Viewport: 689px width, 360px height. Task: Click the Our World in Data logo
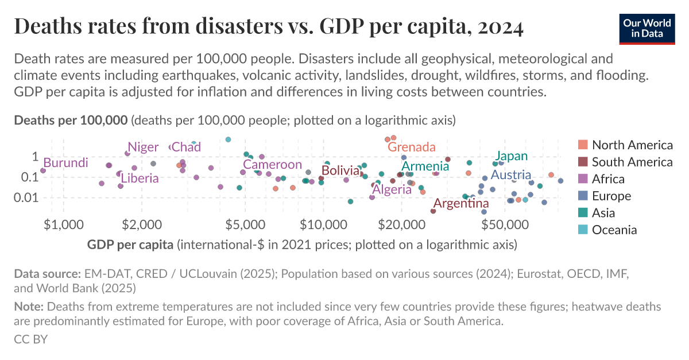click(647, 27)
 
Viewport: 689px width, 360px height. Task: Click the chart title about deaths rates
click(268, 27)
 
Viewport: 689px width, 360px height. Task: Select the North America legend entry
click(632, 145)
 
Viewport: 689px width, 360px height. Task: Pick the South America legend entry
click(632, 162)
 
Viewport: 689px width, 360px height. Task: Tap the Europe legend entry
click(611, 196)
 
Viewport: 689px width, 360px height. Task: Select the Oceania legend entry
click(614, 230)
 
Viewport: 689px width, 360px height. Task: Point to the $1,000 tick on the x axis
click(63, 224)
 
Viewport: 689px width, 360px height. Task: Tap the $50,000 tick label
click(505, 224)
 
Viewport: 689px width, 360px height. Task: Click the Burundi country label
click(65, 163)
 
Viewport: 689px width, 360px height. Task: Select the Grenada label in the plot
click(411, 147)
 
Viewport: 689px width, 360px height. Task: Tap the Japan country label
click(511, 156)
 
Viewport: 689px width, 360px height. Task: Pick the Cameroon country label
click(272, 165)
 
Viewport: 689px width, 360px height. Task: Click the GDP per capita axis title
click(130, 245)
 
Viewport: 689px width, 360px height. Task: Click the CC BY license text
click(30, 339)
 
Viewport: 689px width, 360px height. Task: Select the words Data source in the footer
click(47, 274)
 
